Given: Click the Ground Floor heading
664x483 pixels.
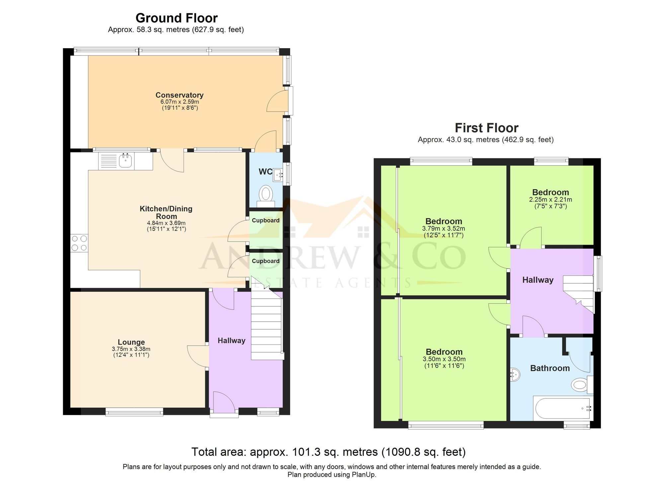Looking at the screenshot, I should click(x=176, y=18).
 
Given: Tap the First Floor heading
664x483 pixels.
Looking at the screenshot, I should click(x=486, y=128).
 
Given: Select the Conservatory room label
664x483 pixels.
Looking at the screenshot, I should click(x=179, y=95).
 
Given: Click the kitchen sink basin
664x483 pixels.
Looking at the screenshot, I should click(x=125, y=161).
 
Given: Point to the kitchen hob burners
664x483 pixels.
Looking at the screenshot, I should click(x=79, y=243).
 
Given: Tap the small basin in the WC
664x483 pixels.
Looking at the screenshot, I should click(x=278, y=175).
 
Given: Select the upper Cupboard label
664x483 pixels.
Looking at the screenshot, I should click(x=266, y=220).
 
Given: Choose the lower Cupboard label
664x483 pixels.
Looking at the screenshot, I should click(x=266, y=261).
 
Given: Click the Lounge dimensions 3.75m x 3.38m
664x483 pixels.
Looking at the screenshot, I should click(x=131, y=349).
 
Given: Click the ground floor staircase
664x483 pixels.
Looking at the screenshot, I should click(x=267, y=327).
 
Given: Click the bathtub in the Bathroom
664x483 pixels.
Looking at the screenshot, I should click(x=562, y=408).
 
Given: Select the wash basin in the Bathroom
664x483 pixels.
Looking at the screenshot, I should click(x=515, y=375).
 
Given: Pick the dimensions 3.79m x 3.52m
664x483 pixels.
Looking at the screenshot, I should click(x=443, y=229).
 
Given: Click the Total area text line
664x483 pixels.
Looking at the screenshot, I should click(x=328, y=452).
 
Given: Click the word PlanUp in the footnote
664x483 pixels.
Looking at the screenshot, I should click(x=365, y=475).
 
